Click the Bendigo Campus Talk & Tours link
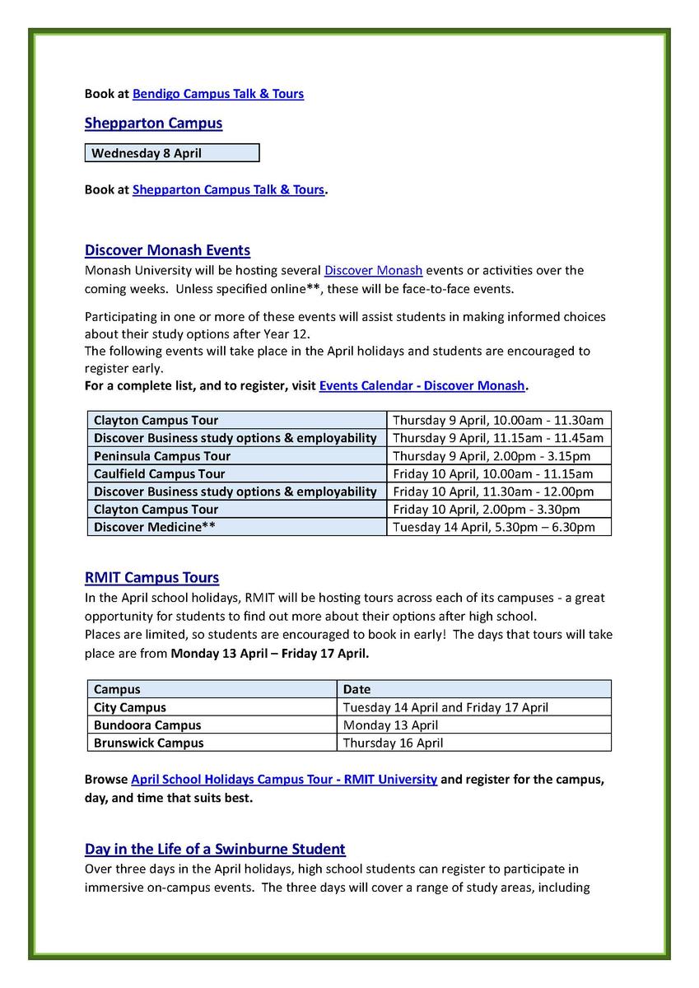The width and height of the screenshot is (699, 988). [217, 94]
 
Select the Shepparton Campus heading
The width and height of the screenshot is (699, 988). [153, 123]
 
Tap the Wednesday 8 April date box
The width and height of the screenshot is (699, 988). [171, 153]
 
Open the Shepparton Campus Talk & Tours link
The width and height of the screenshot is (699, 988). [228, 190]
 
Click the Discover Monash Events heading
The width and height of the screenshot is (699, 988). [167, 250]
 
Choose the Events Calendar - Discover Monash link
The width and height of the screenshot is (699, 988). [422, 385]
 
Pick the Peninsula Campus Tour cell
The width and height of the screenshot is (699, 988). [161, 456]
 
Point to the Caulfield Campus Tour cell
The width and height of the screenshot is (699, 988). [159, 474]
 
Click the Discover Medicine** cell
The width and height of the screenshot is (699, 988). [154, 527]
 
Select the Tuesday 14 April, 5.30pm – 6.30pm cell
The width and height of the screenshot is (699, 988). [493, 527]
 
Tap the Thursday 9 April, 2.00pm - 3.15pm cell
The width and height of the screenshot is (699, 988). [491, 456]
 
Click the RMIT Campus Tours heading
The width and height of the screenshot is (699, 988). [151, 578]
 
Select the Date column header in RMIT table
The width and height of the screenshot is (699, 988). [356, 690]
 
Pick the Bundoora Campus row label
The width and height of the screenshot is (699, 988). [147, 725]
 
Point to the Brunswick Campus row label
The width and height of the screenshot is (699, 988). [148, 743]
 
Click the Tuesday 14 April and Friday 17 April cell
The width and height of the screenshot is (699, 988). [445, 707]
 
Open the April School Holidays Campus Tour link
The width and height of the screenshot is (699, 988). [284, 779]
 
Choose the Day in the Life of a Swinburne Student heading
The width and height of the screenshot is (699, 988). [215, 849]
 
